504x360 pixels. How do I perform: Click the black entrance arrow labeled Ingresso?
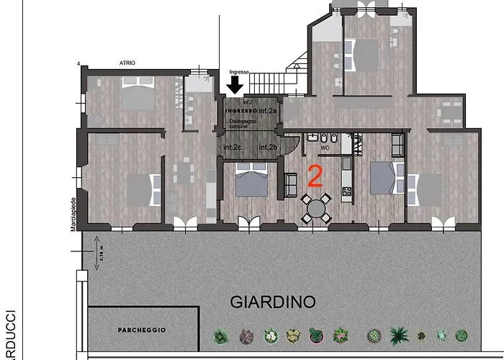pos(235,86)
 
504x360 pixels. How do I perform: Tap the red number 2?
pos(315,175)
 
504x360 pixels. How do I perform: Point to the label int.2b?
pos(268,148)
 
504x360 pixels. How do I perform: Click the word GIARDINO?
pos(273,302)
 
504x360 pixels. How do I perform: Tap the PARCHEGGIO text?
pos(142,330)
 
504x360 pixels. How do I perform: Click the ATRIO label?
pos(127,63)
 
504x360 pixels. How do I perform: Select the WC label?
pos(325,148)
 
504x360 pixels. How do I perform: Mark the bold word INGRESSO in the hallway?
pos(240,112)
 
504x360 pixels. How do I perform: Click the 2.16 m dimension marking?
pos(100,256)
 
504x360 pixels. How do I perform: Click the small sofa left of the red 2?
pos(291,186)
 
